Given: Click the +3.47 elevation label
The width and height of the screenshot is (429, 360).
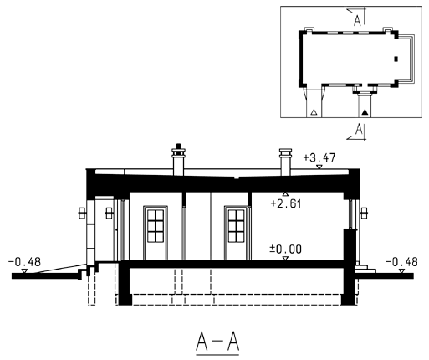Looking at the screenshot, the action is click(x=319, y=158).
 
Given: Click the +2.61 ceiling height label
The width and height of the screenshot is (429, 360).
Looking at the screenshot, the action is click(x=286, y=203).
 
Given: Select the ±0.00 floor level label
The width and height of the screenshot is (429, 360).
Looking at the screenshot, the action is click(x=285, y=249).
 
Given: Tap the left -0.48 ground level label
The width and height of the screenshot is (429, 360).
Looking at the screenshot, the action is click(x=24, y=262).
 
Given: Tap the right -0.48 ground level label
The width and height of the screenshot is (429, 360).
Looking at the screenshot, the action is click(x=401, y=262).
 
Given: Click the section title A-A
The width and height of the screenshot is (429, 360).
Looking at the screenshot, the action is click(x=217, y=342).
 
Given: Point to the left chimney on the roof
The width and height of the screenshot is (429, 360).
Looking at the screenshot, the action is click(x=178, y=160).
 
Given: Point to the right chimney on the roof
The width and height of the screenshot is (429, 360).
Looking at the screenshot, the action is click(x=285, y=162).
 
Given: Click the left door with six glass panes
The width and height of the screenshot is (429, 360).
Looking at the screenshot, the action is click(x=156, y=233).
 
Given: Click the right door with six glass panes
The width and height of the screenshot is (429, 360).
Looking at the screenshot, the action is click(x=237, y=233).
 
